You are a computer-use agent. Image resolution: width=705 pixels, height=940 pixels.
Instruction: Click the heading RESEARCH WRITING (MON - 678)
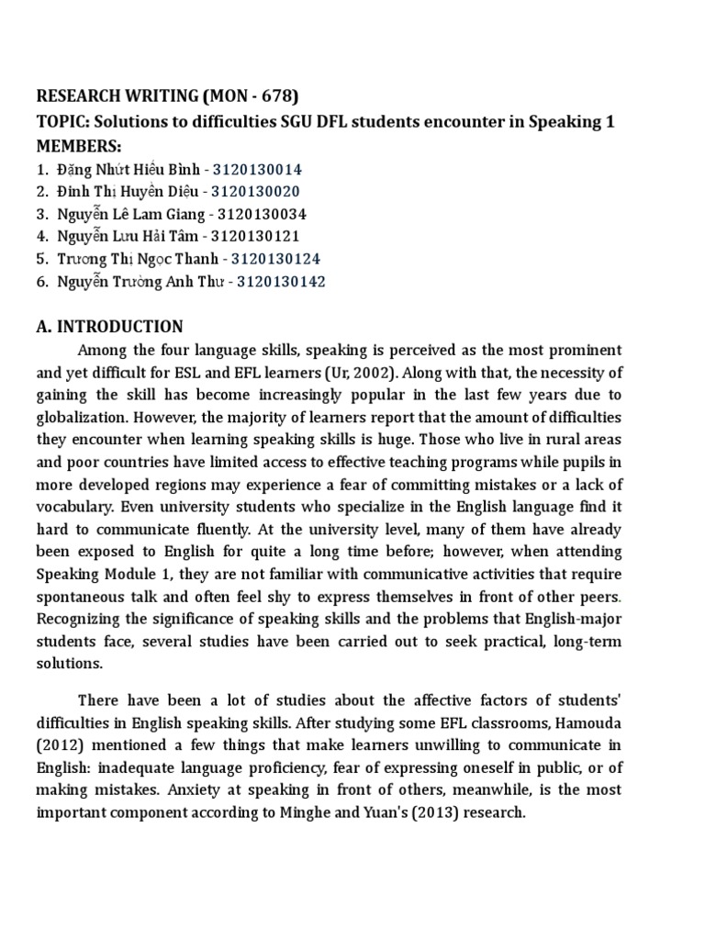[167, 95]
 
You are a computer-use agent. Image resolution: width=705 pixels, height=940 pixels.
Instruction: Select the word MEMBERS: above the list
[78, 147]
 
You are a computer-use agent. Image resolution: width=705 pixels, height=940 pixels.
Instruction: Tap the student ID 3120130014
[258, 170]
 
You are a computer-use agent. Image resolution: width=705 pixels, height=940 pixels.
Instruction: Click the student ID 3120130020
[255, 192]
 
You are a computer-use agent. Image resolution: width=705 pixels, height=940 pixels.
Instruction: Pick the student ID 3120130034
[263, 214]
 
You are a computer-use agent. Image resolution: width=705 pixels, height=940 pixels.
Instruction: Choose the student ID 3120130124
[275, 259]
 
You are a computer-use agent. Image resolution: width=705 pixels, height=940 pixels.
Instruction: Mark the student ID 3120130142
[281, 282]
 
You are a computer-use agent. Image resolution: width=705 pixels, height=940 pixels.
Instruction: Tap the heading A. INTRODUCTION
[109, 327]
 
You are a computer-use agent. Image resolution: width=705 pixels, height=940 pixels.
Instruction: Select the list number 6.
[41, 282]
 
